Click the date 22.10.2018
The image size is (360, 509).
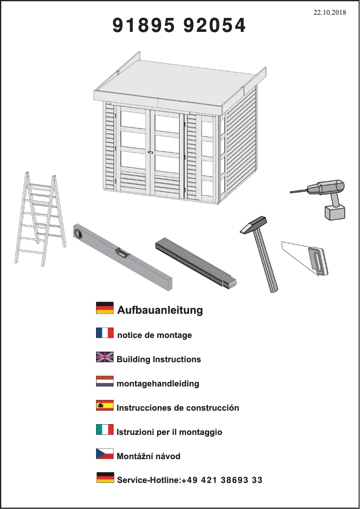click(329, 13)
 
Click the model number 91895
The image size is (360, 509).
click(143, 25)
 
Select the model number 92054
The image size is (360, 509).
click(214, 25)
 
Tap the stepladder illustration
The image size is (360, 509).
click(40, 219)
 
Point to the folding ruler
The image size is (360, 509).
click(196, 263)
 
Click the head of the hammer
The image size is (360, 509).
click(254, 224)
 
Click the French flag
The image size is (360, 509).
click(105, 333)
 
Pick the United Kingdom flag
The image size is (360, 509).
click(105, 357)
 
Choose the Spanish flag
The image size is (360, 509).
click(105, 405)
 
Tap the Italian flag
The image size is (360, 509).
click(105, 430)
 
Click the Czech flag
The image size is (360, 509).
click(105, 454)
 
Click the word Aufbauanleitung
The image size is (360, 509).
click(160, 310)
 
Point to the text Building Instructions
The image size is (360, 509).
click(159, 360)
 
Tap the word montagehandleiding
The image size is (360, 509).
click(158, 384)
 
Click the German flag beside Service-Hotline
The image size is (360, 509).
click(105, 478)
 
